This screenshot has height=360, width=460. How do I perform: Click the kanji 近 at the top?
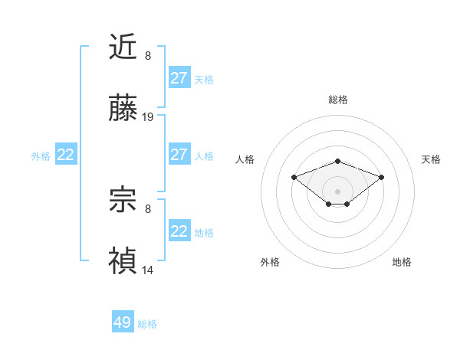coord(123,47)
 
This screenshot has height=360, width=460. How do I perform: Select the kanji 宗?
coord(123,201)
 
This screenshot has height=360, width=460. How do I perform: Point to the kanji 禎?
coord(123,260)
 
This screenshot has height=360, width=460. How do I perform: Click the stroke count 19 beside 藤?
coord(148,117)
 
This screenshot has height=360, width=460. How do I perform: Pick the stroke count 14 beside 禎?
coord(148,270)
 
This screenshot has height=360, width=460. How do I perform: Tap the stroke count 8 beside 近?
coord(148,56)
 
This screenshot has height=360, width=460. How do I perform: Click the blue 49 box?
coord(123,322)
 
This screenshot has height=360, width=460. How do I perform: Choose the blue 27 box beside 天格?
coord(179,78)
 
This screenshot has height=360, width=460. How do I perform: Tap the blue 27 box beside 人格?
coord(179,155)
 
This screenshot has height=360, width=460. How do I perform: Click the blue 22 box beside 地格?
coord(179,231)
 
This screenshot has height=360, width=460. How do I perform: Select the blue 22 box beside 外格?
coord(66,155)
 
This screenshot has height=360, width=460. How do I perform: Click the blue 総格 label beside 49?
coord(147,324)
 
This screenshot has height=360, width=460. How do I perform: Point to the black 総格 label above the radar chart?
coord(337,100)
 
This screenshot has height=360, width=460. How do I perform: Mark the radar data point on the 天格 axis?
coord(382,177)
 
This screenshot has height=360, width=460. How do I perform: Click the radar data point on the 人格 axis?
coord(294,177)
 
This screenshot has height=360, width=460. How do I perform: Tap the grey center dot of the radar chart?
coord(337,191)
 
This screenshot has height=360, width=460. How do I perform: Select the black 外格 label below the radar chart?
coord(270,262)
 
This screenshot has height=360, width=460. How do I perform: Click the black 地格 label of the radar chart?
coord(402,262)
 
